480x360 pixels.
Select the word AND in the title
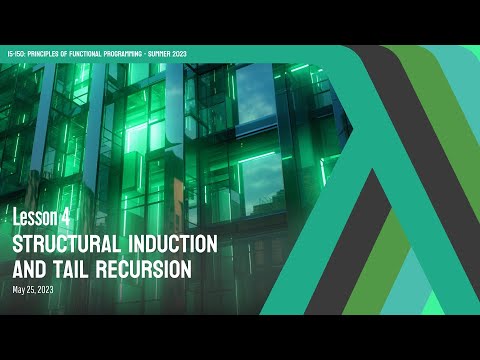point(31,269)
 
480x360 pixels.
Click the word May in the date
point(19,290)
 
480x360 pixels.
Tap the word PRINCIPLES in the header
point(47,54)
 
